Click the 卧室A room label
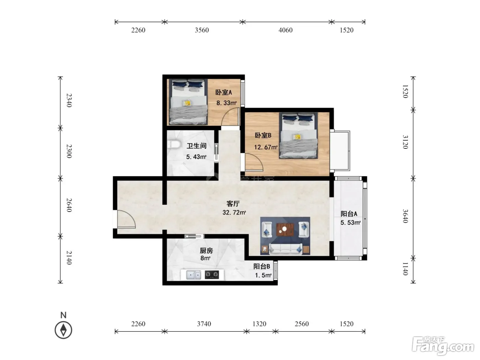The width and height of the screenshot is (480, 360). click(x=223, y=92)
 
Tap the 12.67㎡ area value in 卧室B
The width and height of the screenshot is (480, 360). click(x=265, y=147)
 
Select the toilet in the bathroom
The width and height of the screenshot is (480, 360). click(x=173, y=145)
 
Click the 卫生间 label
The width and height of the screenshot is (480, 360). click(x=196, y=146)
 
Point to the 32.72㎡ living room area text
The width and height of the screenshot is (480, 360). click(x=234, y=212)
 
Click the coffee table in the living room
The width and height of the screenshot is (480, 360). click(x=285, y=229)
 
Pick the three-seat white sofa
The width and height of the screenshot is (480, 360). click(x=286, y=249)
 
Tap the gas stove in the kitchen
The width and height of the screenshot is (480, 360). click(x=212, y=275)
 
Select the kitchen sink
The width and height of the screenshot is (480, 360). click(x=193, y=275)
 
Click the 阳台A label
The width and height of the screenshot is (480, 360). click(x=349, y=214)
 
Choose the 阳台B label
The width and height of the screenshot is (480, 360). click(x=262, y=266)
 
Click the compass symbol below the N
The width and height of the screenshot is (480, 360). click(x=63, y=330)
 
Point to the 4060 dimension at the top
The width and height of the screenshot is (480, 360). click(x=285, y=30)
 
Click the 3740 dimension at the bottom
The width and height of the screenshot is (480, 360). click(x=204, y=324)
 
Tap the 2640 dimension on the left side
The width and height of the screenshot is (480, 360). click(x=69, y=205)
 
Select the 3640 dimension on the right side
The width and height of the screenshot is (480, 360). click(x=405, y=216)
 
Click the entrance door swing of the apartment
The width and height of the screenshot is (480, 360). click(x=126, y=219)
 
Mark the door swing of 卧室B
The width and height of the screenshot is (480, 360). click(x=254, y=162)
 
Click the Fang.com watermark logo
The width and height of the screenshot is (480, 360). click(x=443, y=346)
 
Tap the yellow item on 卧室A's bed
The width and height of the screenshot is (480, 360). click(x=187, y=103)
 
